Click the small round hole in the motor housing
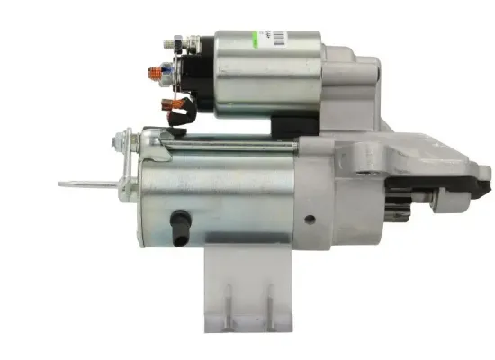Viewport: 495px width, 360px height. coord(310,219)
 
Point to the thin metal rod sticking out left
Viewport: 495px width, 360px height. coord(85,184)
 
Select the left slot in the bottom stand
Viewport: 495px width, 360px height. coord(228,301)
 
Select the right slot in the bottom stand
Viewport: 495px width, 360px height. coord(268,301)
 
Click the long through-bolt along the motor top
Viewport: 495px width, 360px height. coord(225,143)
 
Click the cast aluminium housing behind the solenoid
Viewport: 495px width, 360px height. coord(356,85)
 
